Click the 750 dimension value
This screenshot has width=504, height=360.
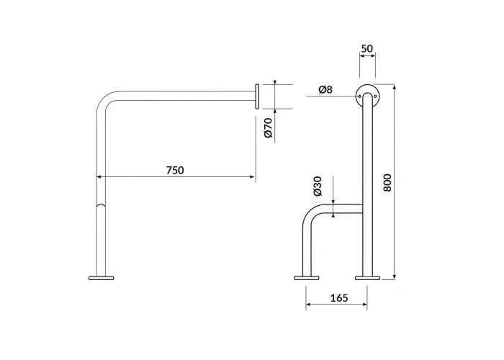tap(175, 170)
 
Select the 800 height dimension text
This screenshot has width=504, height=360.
tap(387, 183)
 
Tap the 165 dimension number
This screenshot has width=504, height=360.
tap(339, 298)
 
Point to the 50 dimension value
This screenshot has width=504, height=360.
tap(366, 48)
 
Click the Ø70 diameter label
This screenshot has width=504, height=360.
tap(269, 128)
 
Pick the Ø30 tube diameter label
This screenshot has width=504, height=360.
tap(318, 186)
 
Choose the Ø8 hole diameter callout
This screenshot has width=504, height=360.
tap(325, 89)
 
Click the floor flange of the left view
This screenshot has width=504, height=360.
tap(101, 278)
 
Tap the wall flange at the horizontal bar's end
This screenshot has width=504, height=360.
tap(257, 96)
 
